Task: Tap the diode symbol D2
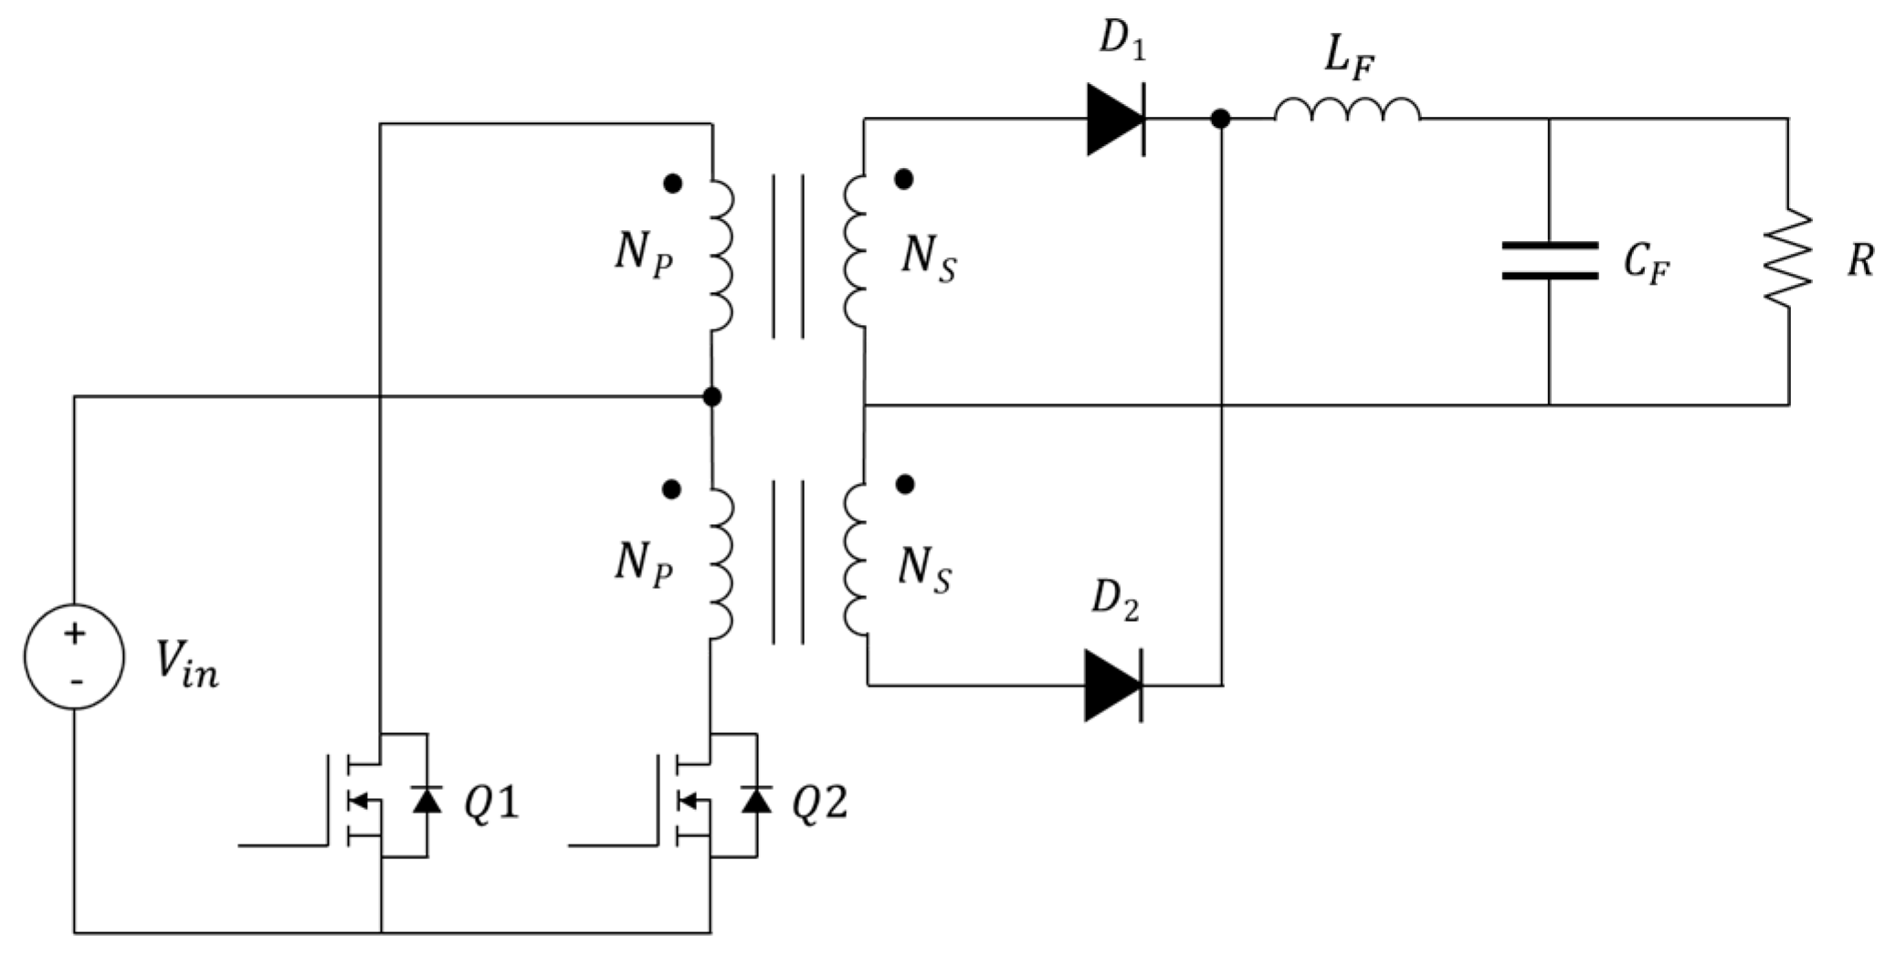(x=1113, y=685)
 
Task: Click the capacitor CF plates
(x=1550, y=260)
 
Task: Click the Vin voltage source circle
(x=74, y=656)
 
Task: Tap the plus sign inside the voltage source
(x=74, y=633)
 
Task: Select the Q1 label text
(x=490, y=803)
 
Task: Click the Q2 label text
(x=819, y=803)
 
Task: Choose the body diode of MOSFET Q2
(x=756, y=800)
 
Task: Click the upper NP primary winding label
(x=643, y=254)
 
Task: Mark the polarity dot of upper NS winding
(x=903, y=179)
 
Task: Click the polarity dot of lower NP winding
(x=671, y=489)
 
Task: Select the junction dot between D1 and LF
(x=1220, y=119)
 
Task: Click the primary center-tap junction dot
(x=712, y=396)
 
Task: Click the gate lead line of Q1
(x=283, y=845)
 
